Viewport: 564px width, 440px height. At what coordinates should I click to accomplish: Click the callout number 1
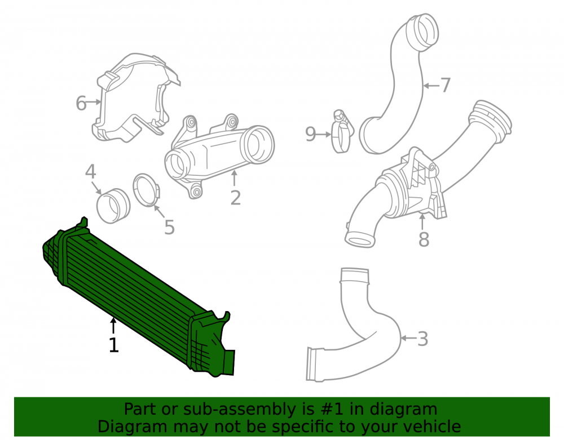[x=114, y=345]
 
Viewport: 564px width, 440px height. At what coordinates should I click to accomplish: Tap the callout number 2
[x=235, y=198]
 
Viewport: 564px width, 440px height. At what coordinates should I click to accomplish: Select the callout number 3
[x=422, y=339]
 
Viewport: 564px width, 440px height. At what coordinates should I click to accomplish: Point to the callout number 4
[x=91, y=172]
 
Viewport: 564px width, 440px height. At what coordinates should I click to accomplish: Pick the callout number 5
[x=169, y=228]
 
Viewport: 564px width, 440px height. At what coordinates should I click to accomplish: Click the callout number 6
[x=81, y=104]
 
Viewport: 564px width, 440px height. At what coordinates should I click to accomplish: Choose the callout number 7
[x=446, y=86]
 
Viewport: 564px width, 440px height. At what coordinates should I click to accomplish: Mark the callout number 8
[x=424, y=239]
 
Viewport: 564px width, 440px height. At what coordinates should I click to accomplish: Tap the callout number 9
[x=310, y=134]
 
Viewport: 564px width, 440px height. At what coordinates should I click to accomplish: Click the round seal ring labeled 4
[x=113, y=206]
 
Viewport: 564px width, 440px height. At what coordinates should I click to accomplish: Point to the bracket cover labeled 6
[x=133, y=97]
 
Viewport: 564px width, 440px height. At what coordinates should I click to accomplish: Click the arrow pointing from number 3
[x=408, y=338]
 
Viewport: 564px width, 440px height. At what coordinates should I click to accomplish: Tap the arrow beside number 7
[x=431, y=86]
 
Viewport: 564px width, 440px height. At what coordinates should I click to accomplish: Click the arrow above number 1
[x=113, y=326]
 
